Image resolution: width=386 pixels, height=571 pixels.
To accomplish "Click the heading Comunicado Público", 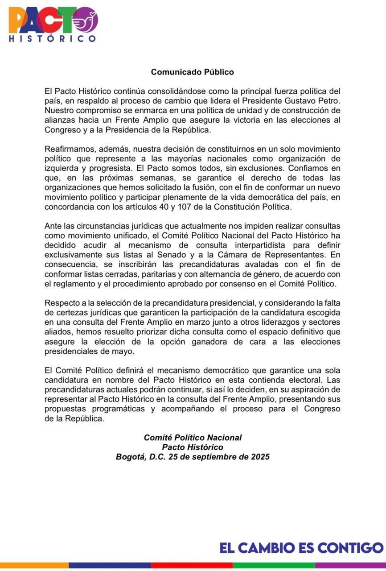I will click(192, 72).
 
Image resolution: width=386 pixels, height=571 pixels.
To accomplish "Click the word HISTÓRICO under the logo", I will click(53, 39).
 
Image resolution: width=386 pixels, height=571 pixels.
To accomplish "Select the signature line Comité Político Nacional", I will click(193, 438).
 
